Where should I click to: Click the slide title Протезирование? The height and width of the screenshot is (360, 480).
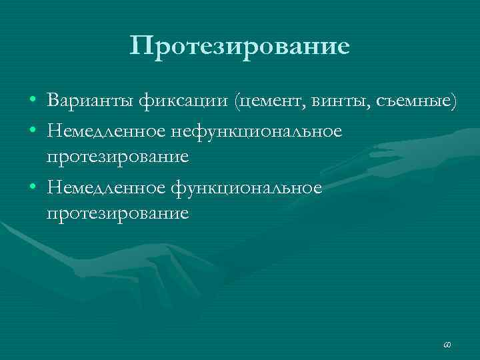(240, 47)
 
